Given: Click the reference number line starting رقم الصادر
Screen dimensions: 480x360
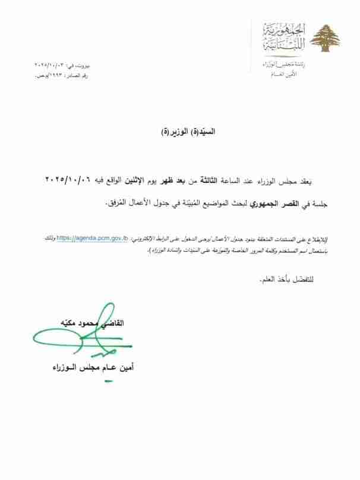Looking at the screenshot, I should click(x=62, y=70).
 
